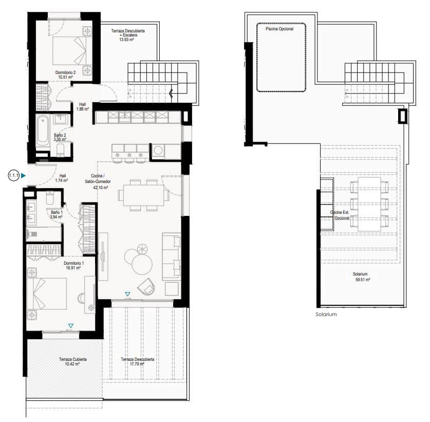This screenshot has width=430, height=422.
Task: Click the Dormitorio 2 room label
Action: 66,72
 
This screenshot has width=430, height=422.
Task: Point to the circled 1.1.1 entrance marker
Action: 14,176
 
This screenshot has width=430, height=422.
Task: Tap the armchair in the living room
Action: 147,285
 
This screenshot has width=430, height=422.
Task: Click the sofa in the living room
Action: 172,256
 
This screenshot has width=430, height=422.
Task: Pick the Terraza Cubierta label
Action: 72,359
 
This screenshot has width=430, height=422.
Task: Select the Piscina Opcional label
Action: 279,29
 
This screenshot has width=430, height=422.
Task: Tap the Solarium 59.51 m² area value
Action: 363,280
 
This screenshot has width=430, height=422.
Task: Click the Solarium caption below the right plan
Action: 326,314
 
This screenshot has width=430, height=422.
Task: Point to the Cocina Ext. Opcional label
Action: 340,215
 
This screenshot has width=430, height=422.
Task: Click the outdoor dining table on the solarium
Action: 369,204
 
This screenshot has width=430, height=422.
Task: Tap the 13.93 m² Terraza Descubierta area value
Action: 128,39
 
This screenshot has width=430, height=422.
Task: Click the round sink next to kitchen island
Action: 158,151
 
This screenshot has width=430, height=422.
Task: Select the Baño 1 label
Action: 56,212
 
